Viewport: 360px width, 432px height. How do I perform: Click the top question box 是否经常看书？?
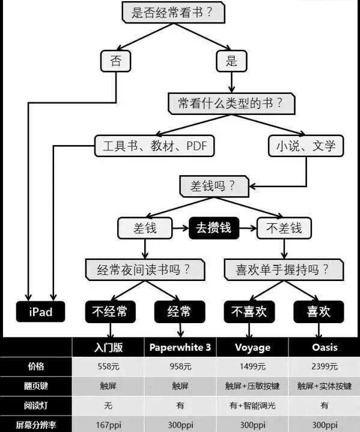point(167,13)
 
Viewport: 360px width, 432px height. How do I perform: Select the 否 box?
point(115,60)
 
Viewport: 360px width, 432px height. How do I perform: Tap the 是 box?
point(231,60)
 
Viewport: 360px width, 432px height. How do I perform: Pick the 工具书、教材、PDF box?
point(154,145)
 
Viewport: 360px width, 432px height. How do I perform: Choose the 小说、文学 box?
point(306,145)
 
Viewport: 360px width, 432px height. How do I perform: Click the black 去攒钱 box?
point(213,228)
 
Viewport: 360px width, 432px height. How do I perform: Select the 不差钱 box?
point(284,228)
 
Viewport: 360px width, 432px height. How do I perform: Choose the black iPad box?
point(41,311)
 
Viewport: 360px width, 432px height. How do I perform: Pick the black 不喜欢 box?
point(249,311)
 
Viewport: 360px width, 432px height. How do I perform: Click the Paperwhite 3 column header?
point(180,347)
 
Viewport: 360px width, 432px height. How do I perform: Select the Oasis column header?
point(325,347)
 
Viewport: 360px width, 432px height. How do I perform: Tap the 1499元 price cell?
point(252,366)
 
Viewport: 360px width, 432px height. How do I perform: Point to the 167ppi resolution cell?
point(108,424)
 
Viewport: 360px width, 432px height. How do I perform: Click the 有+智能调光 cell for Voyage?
point(252,406)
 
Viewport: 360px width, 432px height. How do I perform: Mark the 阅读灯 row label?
point(35,406)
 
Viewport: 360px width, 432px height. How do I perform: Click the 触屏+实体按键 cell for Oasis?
point(325,386)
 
